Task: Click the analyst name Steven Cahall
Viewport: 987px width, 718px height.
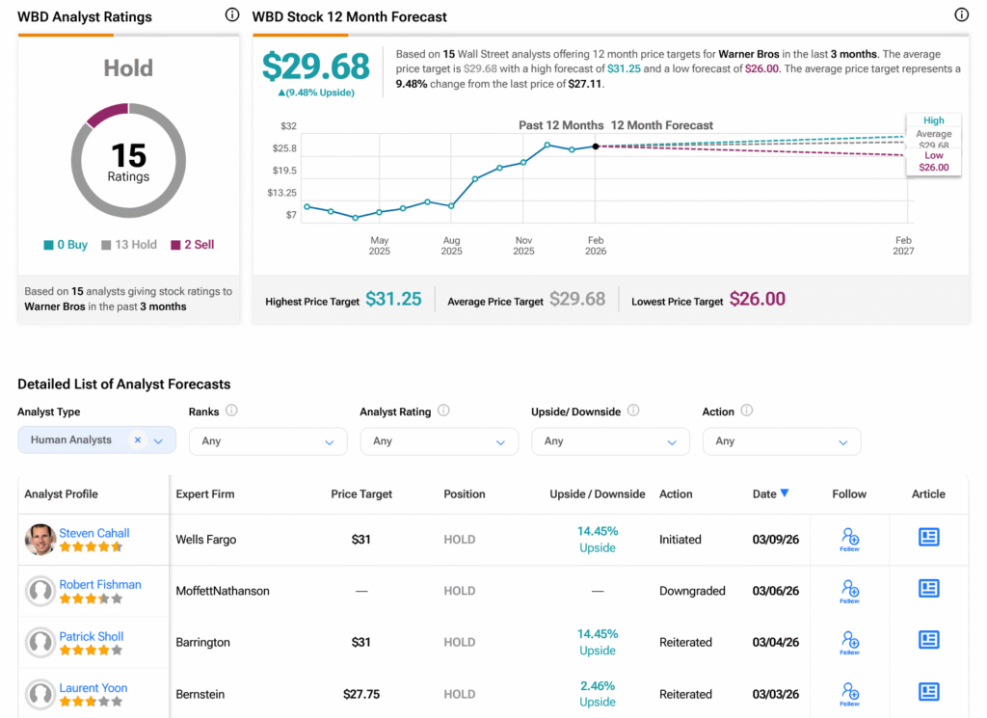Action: coord(94,533)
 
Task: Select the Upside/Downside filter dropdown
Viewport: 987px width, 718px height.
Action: coord(610,441)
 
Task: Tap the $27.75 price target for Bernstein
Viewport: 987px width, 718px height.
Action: coord(361,694)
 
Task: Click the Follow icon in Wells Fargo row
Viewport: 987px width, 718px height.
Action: coord(849,539)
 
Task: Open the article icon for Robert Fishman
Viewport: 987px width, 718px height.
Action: coord(928,588)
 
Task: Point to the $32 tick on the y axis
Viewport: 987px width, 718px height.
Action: coord(289,126)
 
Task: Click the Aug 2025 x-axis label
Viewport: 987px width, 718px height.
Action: coord(451,246)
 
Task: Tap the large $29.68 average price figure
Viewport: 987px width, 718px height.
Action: coord(316,66)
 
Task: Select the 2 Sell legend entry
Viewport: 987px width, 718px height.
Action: coord(193,245)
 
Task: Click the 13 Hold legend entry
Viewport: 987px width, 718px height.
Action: coord(129,245)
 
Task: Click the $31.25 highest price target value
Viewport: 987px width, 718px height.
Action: coord(393,300)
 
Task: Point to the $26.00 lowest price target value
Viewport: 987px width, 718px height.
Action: coord(757,300)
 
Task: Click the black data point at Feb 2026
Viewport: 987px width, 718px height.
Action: coord(596,146)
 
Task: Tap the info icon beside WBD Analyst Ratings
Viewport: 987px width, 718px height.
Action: coord(231,15)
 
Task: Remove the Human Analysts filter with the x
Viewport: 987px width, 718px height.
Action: coord(138,439)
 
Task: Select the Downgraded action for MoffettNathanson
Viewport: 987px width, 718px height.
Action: coord(692,591)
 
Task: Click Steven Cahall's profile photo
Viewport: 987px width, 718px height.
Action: coord(40,540)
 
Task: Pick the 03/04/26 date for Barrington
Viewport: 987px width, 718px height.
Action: coord(776,642)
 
